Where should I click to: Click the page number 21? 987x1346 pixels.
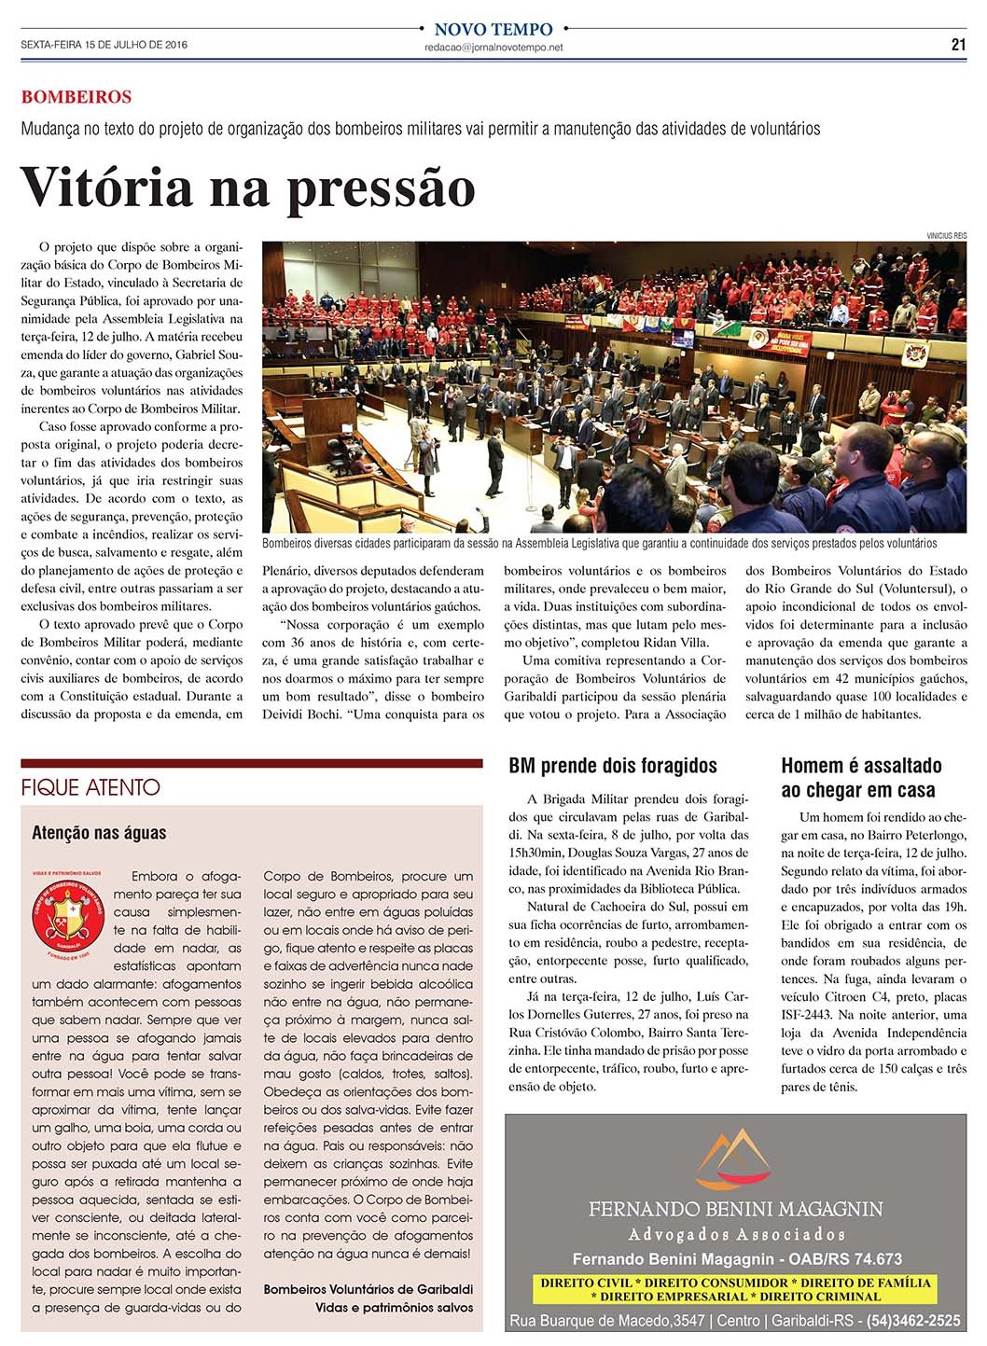pos(958,44)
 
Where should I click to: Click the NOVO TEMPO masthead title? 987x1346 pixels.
pos(493,29)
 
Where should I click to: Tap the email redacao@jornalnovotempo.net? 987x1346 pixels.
pos(493,48)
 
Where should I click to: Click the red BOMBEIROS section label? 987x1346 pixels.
pos(76,97)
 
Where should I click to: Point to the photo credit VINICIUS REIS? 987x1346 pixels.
pos(946,235)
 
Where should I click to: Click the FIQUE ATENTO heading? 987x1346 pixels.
pos(90,787)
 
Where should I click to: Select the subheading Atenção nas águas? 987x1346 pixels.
pos(99,832)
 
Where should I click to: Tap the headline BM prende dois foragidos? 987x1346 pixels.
pos(612,766)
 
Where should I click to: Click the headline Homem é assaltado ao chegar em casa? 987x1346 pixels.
pos(861,777)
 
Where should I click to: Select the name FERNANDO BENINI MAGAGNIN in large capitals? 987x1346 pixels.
pos(735,1209)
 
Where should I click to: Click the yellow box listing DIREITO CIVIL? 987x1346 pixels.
pos(735,1289)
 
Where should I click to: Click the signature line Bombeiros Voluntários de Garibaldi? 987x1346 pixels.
pos(368,1289)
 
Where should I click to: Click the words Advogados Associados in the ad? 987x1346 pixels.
pos(735,1234)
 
